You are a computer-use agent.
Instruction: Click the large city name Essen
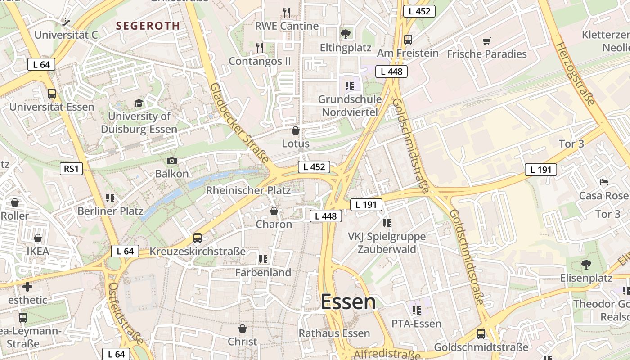pos(348,302)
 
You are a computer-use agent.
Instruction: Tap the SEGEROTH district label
pos(148,26)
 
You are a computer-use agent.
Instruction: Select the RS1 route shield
pos(71,169)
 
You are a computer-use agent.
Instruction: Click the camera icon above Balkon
pos(171,161)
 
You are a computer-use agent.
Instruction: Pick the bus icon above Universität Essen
pos(52,94)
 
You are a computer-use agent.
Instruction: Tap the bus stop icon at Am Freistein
pos(408,40)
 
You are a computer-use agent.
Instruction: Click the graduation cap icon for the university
pos(139,103)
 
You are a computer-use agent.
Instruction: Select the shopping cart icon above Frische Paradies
pos(486,41)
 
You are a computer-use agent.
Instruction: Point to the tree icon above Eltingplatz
pos(346,34)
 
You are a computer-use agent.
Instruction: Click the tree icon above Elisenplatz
pos(586,264)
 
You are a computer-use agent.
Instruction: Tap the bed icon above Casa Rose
pos(604,182)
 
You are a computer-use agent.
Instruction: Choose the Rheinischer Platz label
pos(248,190)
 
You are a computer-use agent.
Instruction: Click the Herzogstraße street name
pos(576,74)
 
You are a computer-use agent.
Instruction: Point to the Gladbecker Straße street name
pos(239,122)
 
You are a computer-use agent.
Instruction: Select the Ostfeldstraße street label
pos(126,313)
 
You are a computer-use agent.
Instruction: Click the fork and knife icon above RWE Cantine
pos(286,12)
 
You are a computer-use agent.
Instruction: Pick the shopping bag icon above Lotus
pos(296,130)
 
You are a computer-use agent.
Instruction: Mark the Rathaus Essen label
pos(335,333)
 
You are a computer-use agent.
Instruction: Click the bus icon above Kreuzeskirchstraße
pos(198,238)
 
